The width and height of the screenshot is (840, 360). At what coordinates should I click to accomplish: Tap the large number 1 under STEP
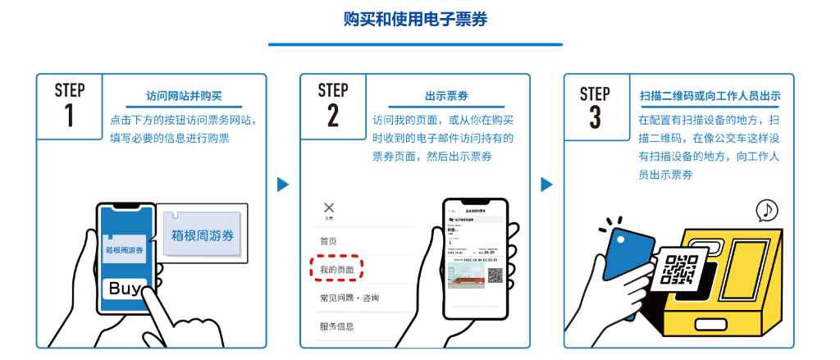[x=69, y=116]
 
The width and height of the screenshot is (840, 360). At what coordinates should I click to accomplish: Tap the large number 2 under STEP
[x=332, y=116]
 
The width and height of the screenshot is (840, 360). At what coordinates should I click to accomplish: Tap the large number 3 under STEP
[x=595, y=116]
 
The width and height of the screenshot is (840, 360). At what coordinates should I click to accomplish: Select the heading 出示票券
[x=447, y=96]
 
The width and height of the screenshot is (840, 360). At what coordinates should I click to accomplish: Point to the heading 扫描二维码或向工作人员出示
[x=710, y=96]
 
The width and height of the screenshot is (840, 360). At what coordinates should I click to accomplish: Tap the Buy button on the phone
[x=126, y=289]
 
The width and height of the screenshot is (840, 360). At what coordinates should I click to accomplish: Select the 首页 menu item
[x=328, y=241]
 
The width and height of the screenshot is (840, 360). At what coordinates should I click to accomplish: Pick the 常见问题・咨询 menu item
[x=349, y=297]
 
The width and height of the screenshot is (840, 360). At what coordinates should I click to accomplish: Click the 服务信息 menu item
[x=337, y=326]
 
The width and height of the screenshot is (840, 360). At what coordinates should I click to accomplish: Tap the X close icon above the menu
[x=329, y=207]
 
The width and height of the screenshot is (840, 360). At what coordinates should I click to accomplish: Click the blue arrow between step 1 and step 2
[x=283, y=185]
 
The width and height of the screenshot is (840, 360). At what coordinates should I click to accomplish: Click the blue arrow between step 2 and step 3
[x=546, y=185]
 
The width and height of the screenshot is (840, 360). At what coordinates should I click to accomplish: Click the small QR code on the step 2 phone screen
[x=495, y=275]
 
